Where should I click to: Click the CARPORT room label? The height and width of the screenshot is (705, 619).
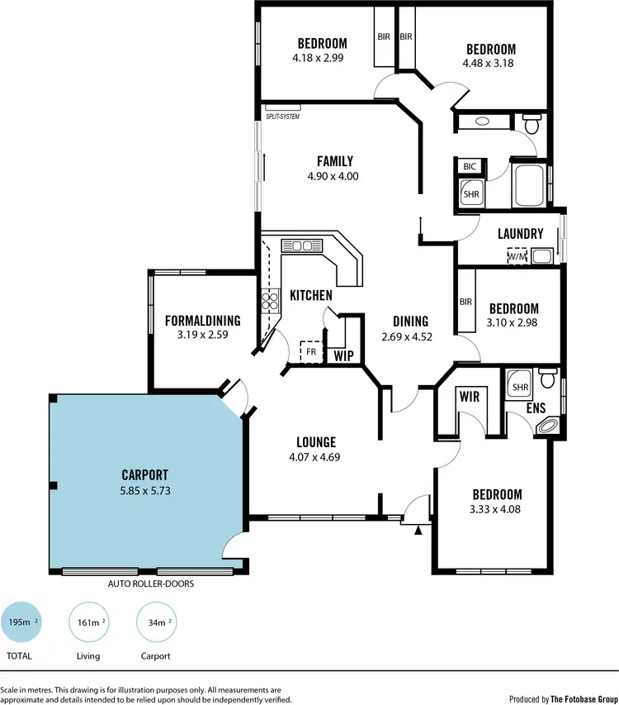[x=144, y=475]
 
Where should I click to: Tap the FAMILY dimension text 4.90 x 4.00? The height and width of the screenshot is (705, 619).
[x=335, y=176]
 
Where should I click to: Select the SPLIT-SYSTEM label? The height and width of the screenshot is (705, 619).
[x=281, y=116]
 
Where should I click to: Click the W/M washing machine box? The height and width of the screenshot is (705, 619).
[x=517, y=256]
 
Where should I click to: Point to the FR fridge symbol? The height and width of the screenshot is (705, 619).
[x=311, y=351]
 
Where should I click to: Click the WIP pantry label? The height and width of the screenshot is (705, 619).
[x=343, y=356]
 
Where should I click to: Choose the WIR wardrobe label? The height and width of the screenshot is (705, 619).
[x=469, y=398]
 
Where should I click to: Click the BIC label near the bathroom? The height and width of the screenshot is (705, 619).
[x=470, y=167]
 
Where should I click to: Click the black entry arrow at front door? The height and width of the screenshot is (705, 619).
[x=419, y=530]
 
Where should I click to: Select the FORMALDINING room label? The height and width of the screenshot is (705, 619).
[x=202, y=321]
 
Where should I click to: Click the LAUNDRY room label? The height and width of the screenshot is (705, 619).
[x=520, y=234]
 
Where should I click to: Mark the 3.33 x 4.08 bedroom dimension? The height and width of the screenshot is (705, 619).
[x=494, y=509]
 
